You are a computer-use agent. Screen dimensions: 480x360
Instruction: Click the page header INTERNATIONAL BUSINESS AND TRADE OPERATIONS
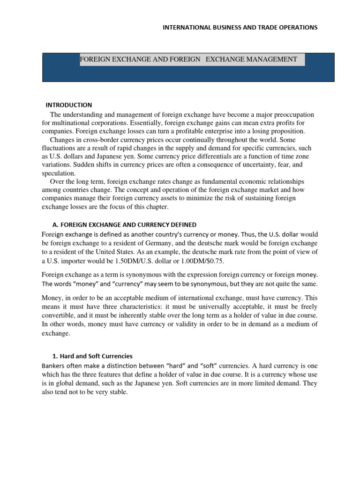(240, 27)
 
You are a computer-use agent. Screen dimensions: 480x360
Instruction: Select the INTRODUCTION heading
(68, 105)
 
